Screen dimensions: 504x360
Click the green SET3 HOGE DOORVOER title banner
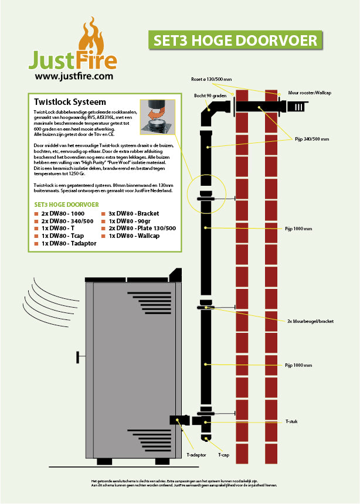(x=235, y=40)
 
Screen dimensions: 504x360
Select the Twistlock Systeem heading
(x=70, y=102)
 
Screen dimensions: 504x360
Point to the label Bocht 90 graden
(x=210, y=96)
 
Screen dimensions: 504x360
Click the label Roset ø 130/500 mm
(x=211, y=79)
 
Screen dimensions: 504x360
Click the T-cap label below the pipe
(x=223, y=454)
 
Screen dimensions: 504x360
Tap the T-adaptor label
(x=196, y=454)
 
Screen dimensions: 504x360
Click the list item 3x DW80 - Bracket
(x=133, y=213)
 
